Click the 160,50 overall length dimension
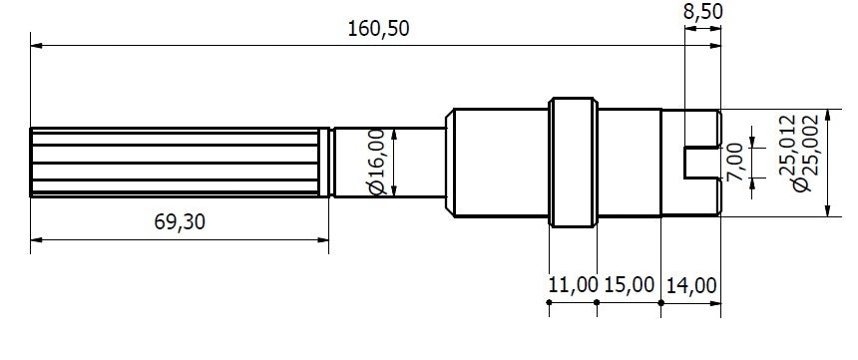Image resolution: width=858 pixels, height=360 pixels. pyautogui.click(x=378, y=28)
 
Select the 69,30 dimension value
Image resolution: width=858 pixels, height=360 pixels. pyautogui.click(x=181, y=221)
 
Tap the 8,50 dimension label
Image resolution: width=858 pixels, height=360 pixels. pyautogui.click(x=703, y=12)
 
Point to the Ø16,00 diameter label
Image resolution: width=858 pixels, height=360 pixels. pyautogui.click(x=376, y=161)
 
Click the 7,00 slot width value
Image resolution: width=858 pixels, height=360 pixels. pyautogui.click(x=735, y=161)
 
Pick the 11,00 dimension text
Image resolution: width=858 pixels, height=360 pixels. pyautogui.click(x=573, y=285)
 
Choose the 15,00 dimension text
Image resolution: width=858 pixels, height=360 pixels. pyautogui.click(x=631, y=285)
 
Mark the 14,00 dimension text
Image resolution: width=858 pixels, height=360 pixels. pyautogui.click(x=691, y=285)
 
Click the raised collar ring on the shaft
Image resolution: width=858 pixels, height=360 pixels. pyautogui.click(x=573, y=162)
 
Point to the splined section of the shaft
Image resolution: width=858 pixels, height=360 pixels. pyautogui.click(x=180, y=162)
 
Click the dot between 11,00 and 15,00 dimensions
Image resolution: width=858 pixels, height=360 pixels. pyautogui.click(x=597, y=301)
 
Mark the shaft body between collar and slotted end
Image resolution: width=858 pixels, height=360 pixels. pyautogui.click(x=629, y=162)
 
